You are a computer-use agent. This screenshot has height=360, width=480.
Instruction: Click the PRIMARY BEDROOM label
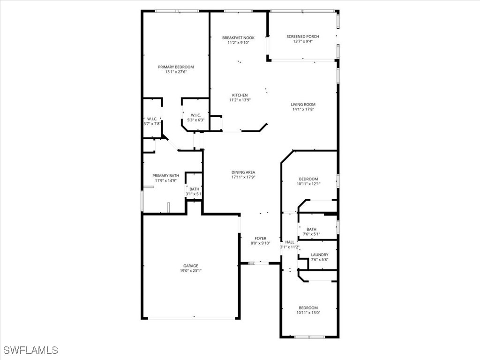click(176, 67)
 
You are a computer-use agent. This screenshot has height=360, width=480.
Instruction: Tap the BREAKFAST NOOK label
click(238, 37)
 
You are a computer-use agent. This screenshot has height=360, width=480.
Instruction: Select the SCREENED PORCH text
click(303, 36)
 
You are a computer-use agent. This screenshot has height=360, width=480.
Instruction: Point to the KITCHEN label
click(240, 95)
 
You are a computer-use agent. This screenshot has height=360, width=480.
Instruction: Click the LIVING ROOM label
click(303, 105)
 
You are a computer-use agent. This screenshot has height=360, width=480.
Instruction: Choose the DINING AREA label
click(243, 172)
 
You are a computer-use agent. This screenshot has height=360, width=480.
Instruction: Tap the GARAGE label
click(190, 266)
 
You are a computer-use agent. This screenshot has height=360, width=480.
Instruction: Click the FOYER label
click(260, 238)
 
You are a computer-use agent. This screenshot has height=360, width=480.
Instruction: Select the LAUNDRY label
click(319, 255)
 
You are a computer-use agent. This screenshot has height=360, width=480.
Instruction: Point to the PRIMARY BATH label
click(165, 175)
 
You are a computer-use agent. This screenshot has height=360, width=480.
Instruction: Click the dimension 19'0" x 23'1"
click(190, 270)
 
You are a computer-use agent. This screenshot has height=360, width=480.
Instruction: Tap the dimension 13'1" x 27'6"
click(176, 72)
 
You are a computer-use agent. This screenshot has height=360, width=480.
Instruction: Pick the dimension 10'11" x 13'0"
click(308, 313)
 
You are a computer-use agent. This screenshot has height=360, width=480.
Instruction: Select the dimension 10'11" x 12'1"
click(308, 184)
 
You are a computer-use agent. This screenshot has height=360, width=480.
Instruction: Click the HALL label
click(290, 242)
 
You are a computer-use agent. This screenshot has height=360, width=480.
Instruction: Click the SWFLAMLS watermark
click(31, 350)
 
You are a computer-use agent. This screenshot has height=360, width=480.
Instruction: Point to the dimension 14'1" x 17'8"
click(303, 109)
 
